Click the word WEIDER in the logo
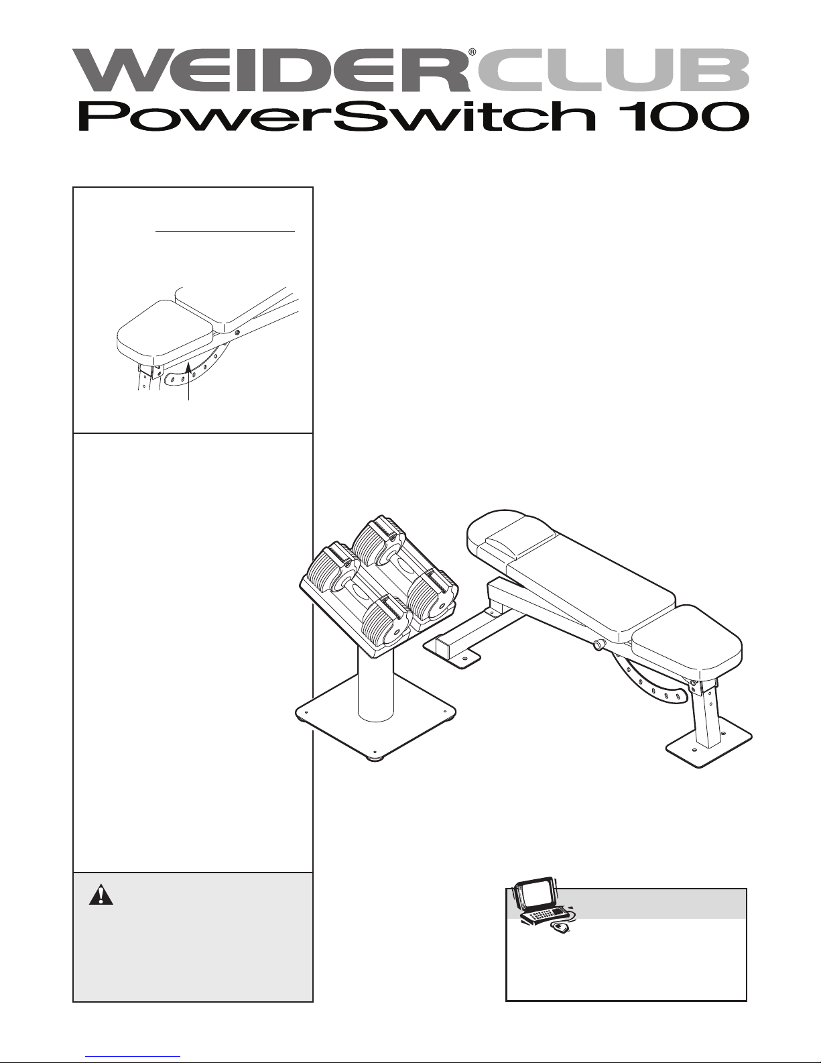tap(271, 70)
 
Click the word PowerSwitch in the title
tap(337, 116)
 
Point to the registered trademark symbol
tap(472, 52)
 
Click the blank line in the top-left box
tap(225, 231)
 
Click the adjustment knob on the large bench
tap(597, 647)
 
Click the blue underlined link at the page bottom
tap(133, 1057)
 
